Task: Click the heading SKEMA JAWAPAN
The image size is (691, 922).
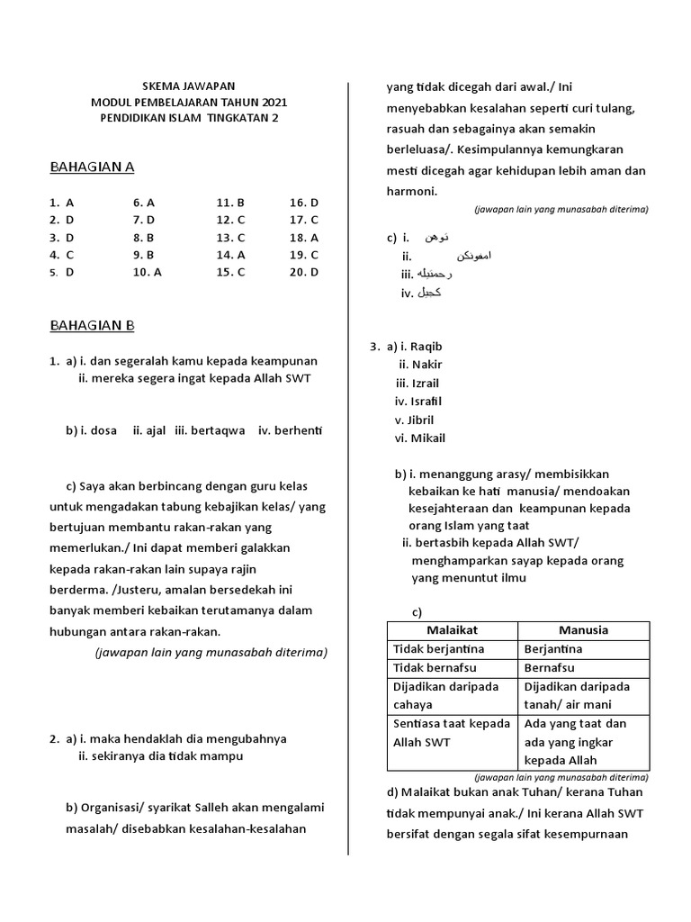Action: coord(189,86)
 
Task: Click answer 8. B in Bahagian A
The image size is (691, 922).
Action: coord(144,238)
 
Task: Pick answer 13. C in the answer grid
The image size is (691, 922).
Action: coord(230,238)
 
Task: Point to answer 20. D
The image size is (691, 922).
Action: coord(304,272)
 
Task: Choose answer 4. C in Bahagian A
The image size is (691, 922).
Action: coord(62,255)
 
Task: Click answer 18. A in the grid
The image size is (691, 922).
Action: coord(304,238)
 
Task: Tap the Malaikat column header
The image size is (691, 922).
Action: coord(452,630)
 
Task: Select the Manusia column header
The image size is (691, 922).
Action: coord(583,630)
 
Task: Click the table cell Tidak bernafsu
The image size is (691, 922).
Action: coord(432,668)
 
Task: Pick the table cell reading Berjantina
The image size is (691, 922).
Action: coord(552,649)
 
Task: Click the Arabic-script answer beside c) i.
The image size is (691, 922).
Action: coord(437,238)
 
